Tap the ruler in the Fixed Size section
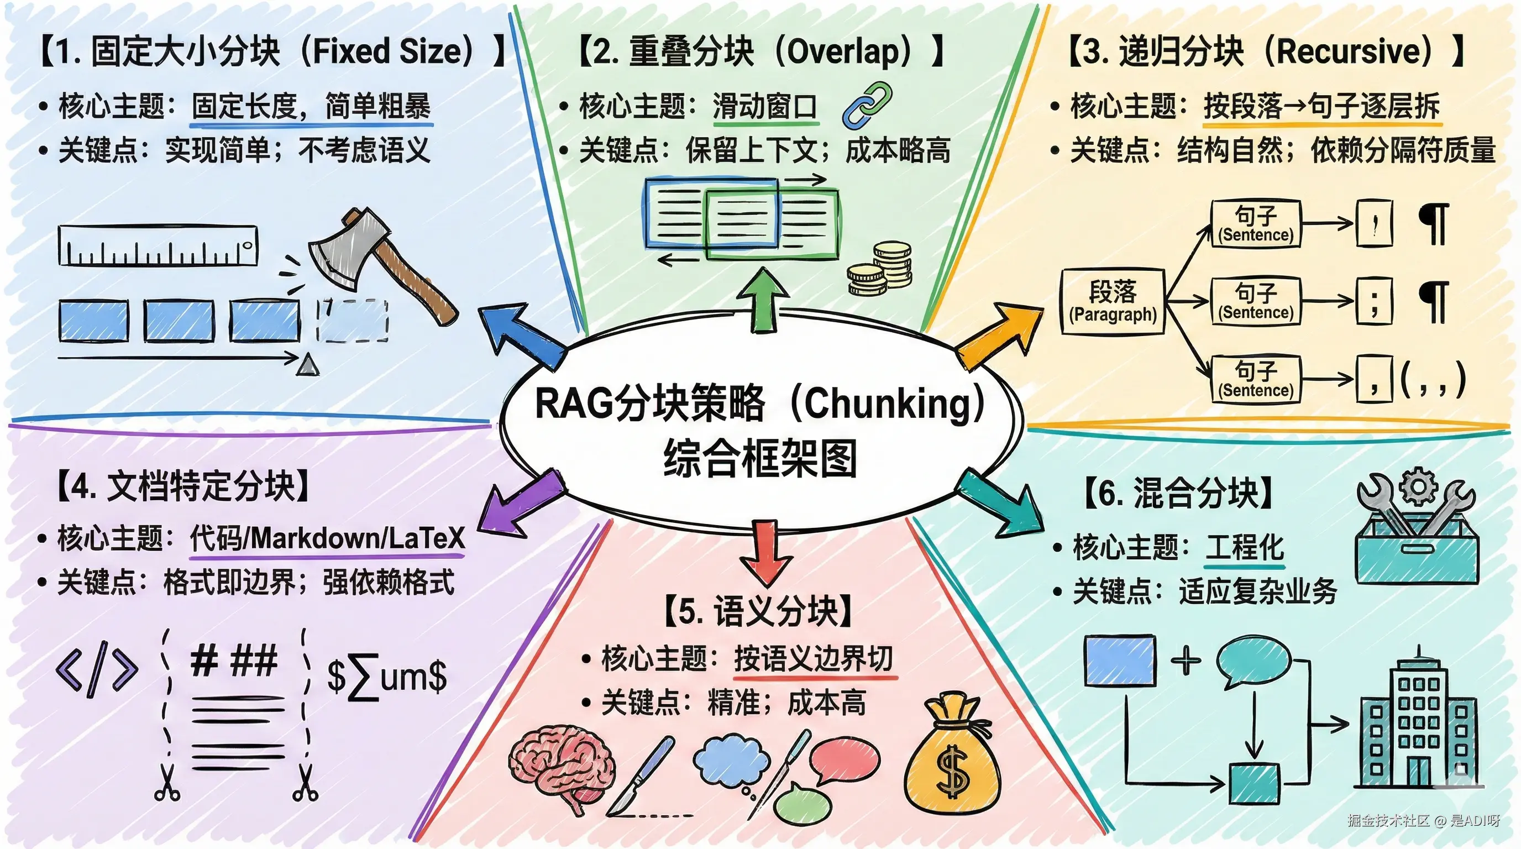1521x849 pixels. (x=158, y=245)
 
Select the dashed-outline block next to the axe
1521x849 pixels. (x=353, y=321)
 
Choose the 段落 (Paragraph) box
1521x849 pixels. (x=1113, y=302)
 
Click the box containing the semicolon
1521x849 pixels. (x=1374, y=301)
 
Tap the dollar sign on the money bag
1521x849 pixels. (x=952, y=771)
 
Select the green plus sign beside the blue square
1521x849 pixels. (x=1186, y=660)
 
